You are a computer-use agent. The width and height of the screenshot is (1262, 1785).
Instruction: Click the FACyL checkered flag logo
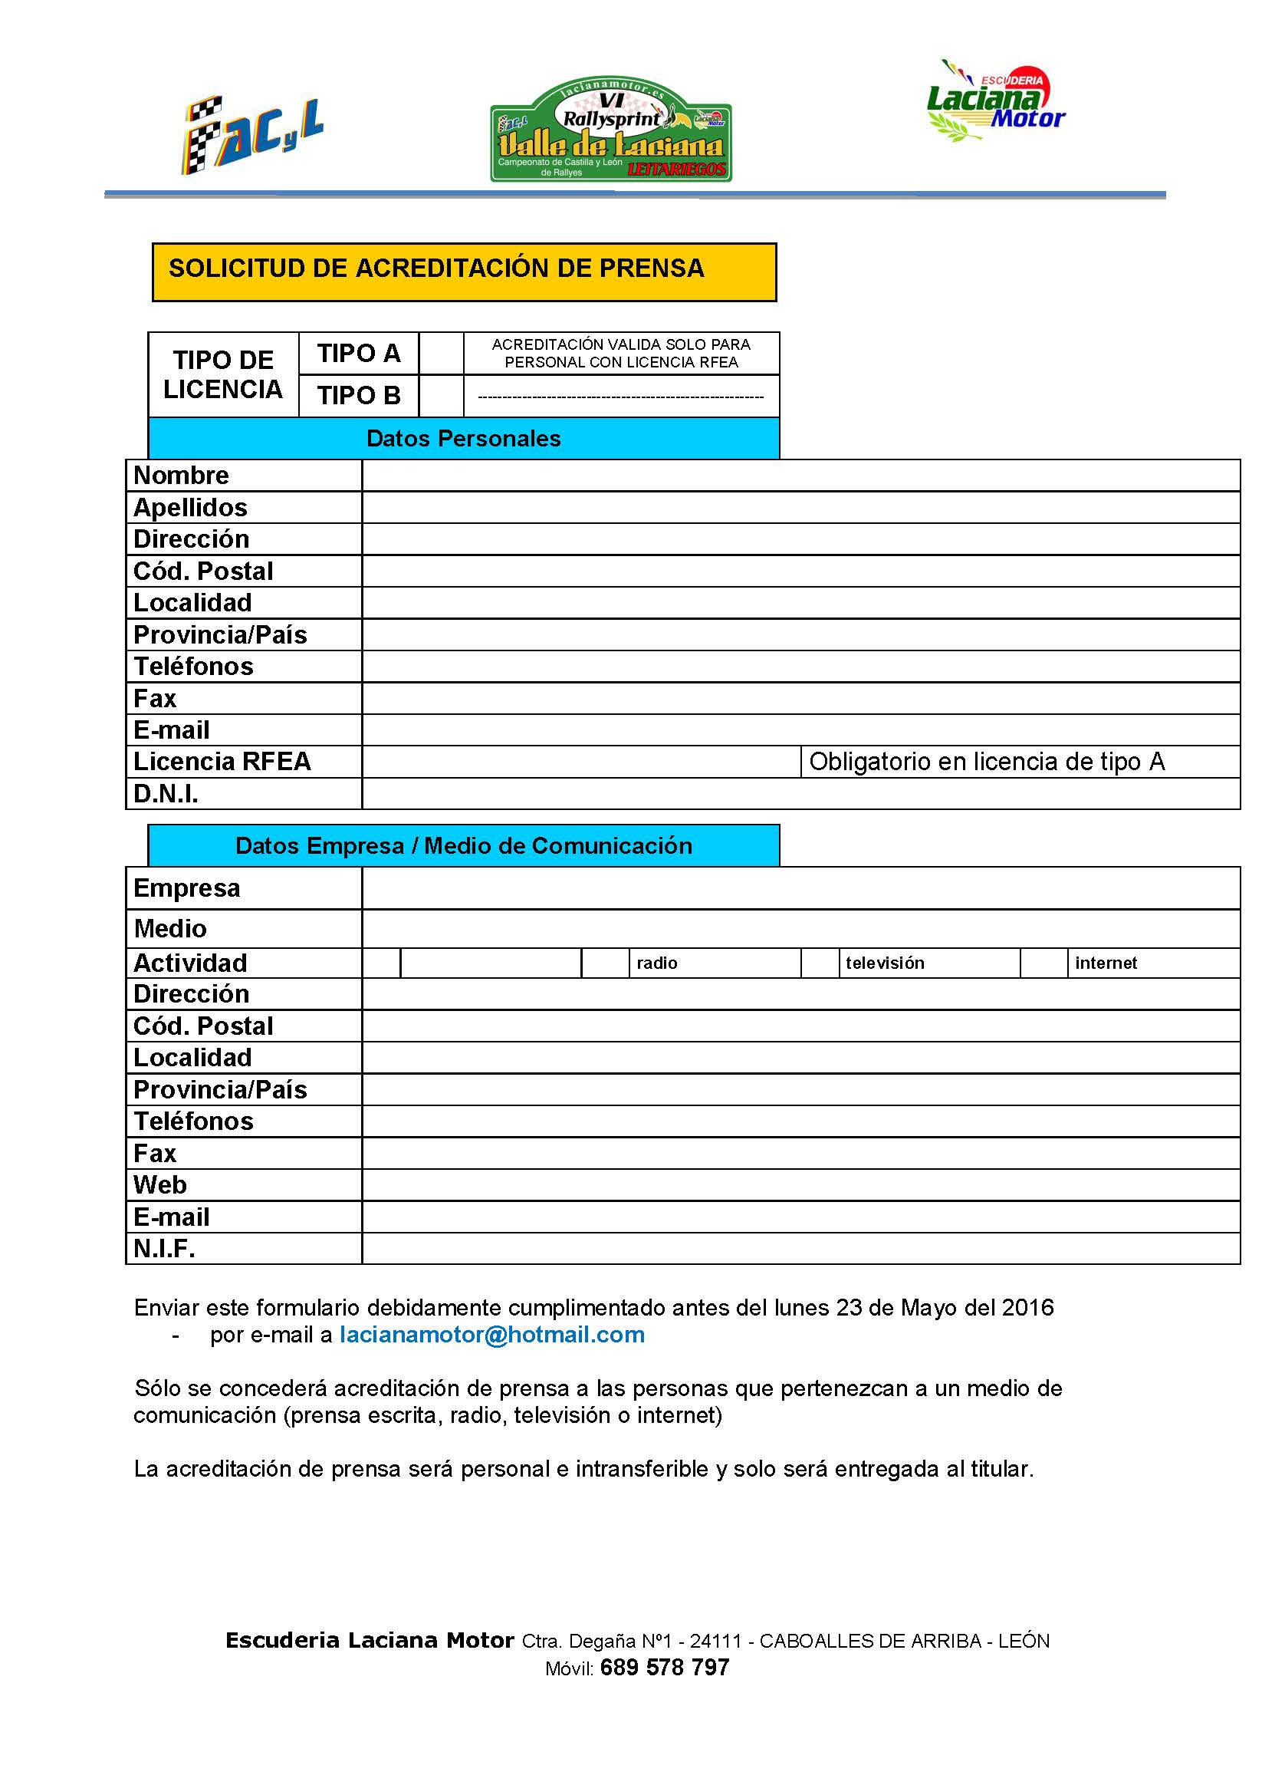[251, 135]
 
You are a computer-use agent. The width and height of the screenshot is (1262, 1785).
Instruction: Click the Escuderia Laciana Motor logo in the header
[996, 102]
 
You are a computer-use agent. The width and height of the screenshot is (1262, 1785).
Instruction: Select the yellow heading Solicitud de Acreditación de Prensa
[464, 272]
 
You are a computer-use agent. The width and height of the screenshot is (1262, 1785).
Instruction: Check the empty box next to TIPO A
[441, 354]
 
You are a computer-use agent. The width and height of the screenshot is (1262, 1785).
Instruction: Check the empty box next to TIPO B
[441, 396]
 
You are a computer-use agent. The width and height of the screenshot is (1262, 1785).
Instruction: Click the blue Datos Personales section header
[463, 439]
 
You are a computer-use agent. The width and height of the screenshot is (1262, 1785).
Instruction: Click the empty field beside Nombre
[800, 475]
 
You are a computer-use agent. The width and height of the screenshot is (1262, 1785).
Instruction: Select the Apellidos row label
[190, 508]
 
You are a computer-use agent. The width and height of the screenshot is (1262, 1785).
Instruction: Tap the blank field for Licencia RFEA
[580, 762]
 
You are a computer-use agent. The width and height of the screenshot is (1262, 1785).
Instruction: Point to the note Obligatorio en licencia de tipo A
[986, 762]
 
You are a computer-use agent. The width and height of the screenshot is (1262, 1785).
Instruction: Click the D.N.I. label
[166, 794]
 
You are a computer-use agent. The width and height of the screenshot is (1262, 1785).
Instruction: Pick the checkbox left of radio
[604, 963]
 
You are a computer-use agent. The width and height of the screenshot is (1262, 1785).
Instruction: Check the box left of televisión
[819, 963]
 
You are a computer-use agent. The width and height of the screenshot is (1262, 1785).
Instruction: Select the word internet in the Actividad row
[1105, 963]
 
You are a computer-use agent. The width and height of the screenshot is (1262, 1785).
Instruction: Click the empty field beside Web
[800, 1185]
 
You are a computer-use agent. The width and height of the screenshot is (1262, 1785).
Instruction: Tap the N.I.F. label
[164, 1249]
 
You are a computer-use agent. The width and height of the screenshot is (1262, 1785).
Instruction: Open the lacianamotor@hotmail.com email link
[492, 1335]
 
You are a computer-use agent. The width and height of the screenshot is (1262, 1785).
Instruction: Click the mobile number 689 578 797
[665, 1668]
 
